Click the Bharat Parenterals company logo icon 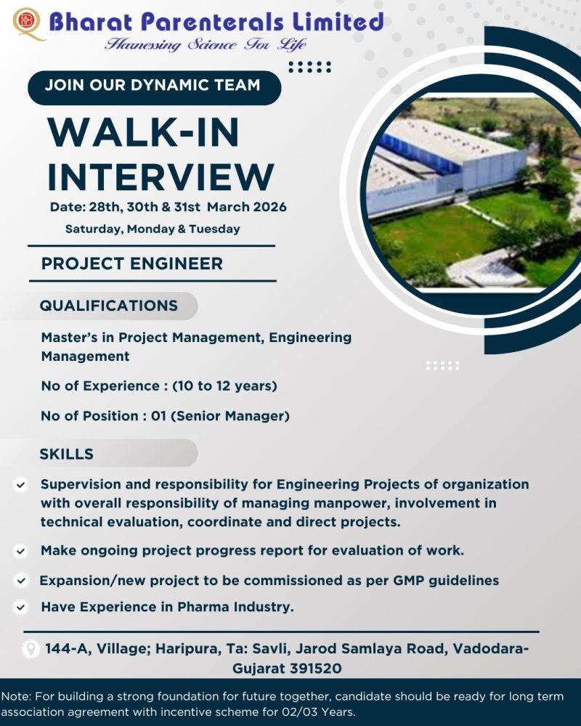pos(27,23)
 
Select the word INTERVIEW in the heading pos(161,176)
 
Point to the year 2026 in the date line pos(267,207)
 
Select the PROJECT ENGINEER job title pos(132,263)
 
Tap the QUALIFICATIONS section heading pos(108,306)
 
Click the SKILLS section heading pos(66,454)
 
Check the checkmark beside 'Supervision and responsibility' pos(21,484)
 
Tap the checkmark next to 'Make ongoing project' pos(21,551)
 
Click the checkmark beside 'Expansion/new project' pos(21,581)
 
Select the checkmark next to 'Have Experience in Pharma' pos(21,606)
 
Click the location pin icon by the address pos(31,648)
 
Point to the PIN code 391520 pos(315,668)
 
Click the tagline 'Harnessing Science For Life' pos(206,44)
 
